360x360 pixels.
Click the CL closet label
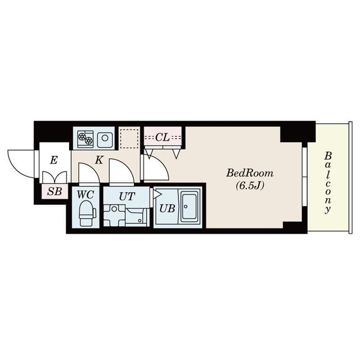pyautogui.click(x=163, y=137)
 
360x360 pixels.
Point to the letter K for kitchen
pyautogui.click(x=98, y=159)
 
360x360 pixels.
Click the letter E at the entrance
pyautogui.click(x=53, y=160)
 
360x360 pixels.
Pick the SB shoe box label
pyautogui.click(x=54, y=192)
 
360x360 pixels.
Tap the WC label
pyautogui.click(x=85, y=195)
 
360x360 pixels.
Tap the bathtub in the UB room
pyautogui.click(x=190, y=208)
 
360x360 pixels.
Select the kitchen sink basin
pyautogui.click(x=105, y=138)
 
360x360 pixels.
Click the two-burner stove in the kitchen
pyautogui.click(x=85, y=138)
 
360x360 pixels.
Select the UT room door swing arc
pyautogui.click(x=121, y=172)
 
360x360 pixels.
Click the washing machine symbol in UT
pyautogui.click(x=115, y=215)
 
